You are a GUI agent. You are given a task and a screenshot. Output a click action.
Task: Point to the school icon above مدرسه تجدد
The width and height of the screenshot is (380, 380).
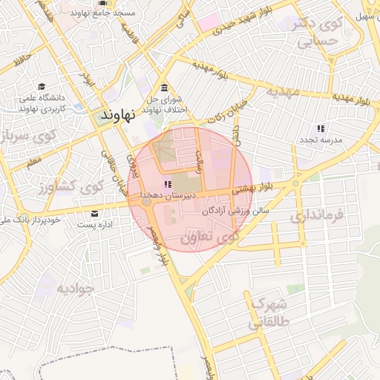tap(321, 128)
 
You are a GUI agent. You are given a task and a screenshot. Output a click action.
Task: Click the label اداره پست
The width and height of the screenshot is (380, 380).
tap(93, 224)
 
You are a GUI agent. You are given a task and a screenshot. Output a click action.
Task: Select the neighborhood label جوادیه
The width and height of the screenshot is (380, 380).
tap(74, 288)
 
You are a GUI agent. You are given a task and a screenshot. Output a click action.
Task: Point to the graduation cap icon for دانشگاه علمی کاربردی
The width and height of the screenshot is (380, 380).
tap(42, 86)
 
